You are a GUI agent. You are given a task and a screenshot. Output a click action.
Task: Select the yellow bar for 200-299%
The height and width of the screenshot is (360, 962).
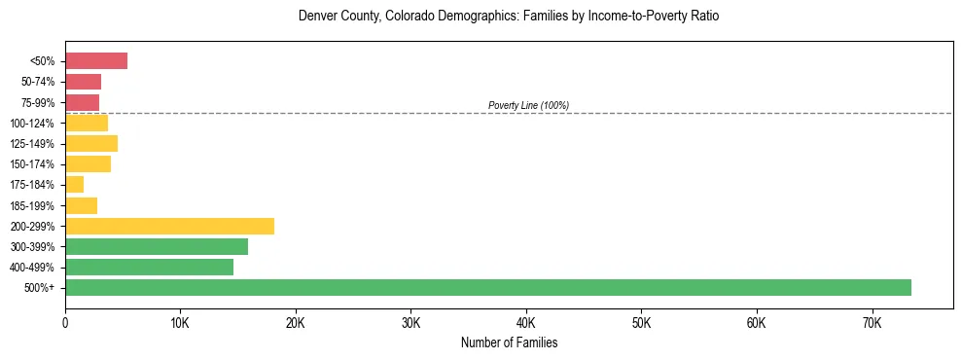[x=169, y=226]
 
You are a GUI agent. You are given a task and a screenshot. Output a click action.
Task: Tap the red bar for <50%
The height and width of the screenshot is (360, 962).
[x=96, y=61]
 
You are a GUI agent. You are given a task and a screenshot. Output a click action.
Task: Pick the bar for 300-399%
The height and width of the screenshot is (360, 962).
[x=157, y=246]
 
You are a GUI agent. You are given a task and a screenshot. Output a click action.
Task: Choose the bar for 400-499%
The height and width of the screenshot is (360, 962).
[x=149, y=267]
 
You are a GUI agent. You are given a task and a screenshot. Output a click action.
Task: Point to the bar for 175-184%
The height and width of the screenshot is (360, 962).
[x=74, y=184]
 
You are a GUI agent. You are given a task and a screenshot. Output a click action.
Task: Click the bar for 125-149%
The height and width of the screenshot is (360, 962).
[x=91, y=143]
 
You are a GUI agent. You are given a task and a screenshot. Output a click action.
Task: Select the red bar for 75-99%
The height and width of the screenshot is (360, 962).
[x=82, y=102]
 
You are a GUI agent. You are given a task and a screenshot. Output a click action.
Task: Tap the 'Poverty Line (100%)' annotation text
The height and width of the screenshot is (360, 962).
[x=528, y=105]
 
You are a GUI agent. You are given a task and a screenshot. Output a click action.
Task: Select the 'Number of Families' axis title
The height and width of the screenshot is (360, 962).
[x=509, y=342]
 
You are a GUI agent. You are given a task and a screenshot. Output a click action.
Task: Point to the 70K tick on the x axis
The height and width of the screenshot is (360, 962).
[x=872, y=322]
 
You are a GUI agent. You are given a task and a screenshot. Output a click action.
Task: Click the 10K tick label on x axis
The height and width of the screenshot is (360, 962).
[x=180, y=322]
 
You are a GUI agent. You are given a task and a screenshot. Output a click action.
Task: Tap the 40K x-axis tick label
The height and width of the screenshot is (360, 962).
[x=526, y=322]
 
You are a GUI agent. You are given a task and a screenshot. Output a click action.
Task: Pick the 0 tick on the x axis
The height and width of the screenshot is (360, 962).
[x=65, y=322]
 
